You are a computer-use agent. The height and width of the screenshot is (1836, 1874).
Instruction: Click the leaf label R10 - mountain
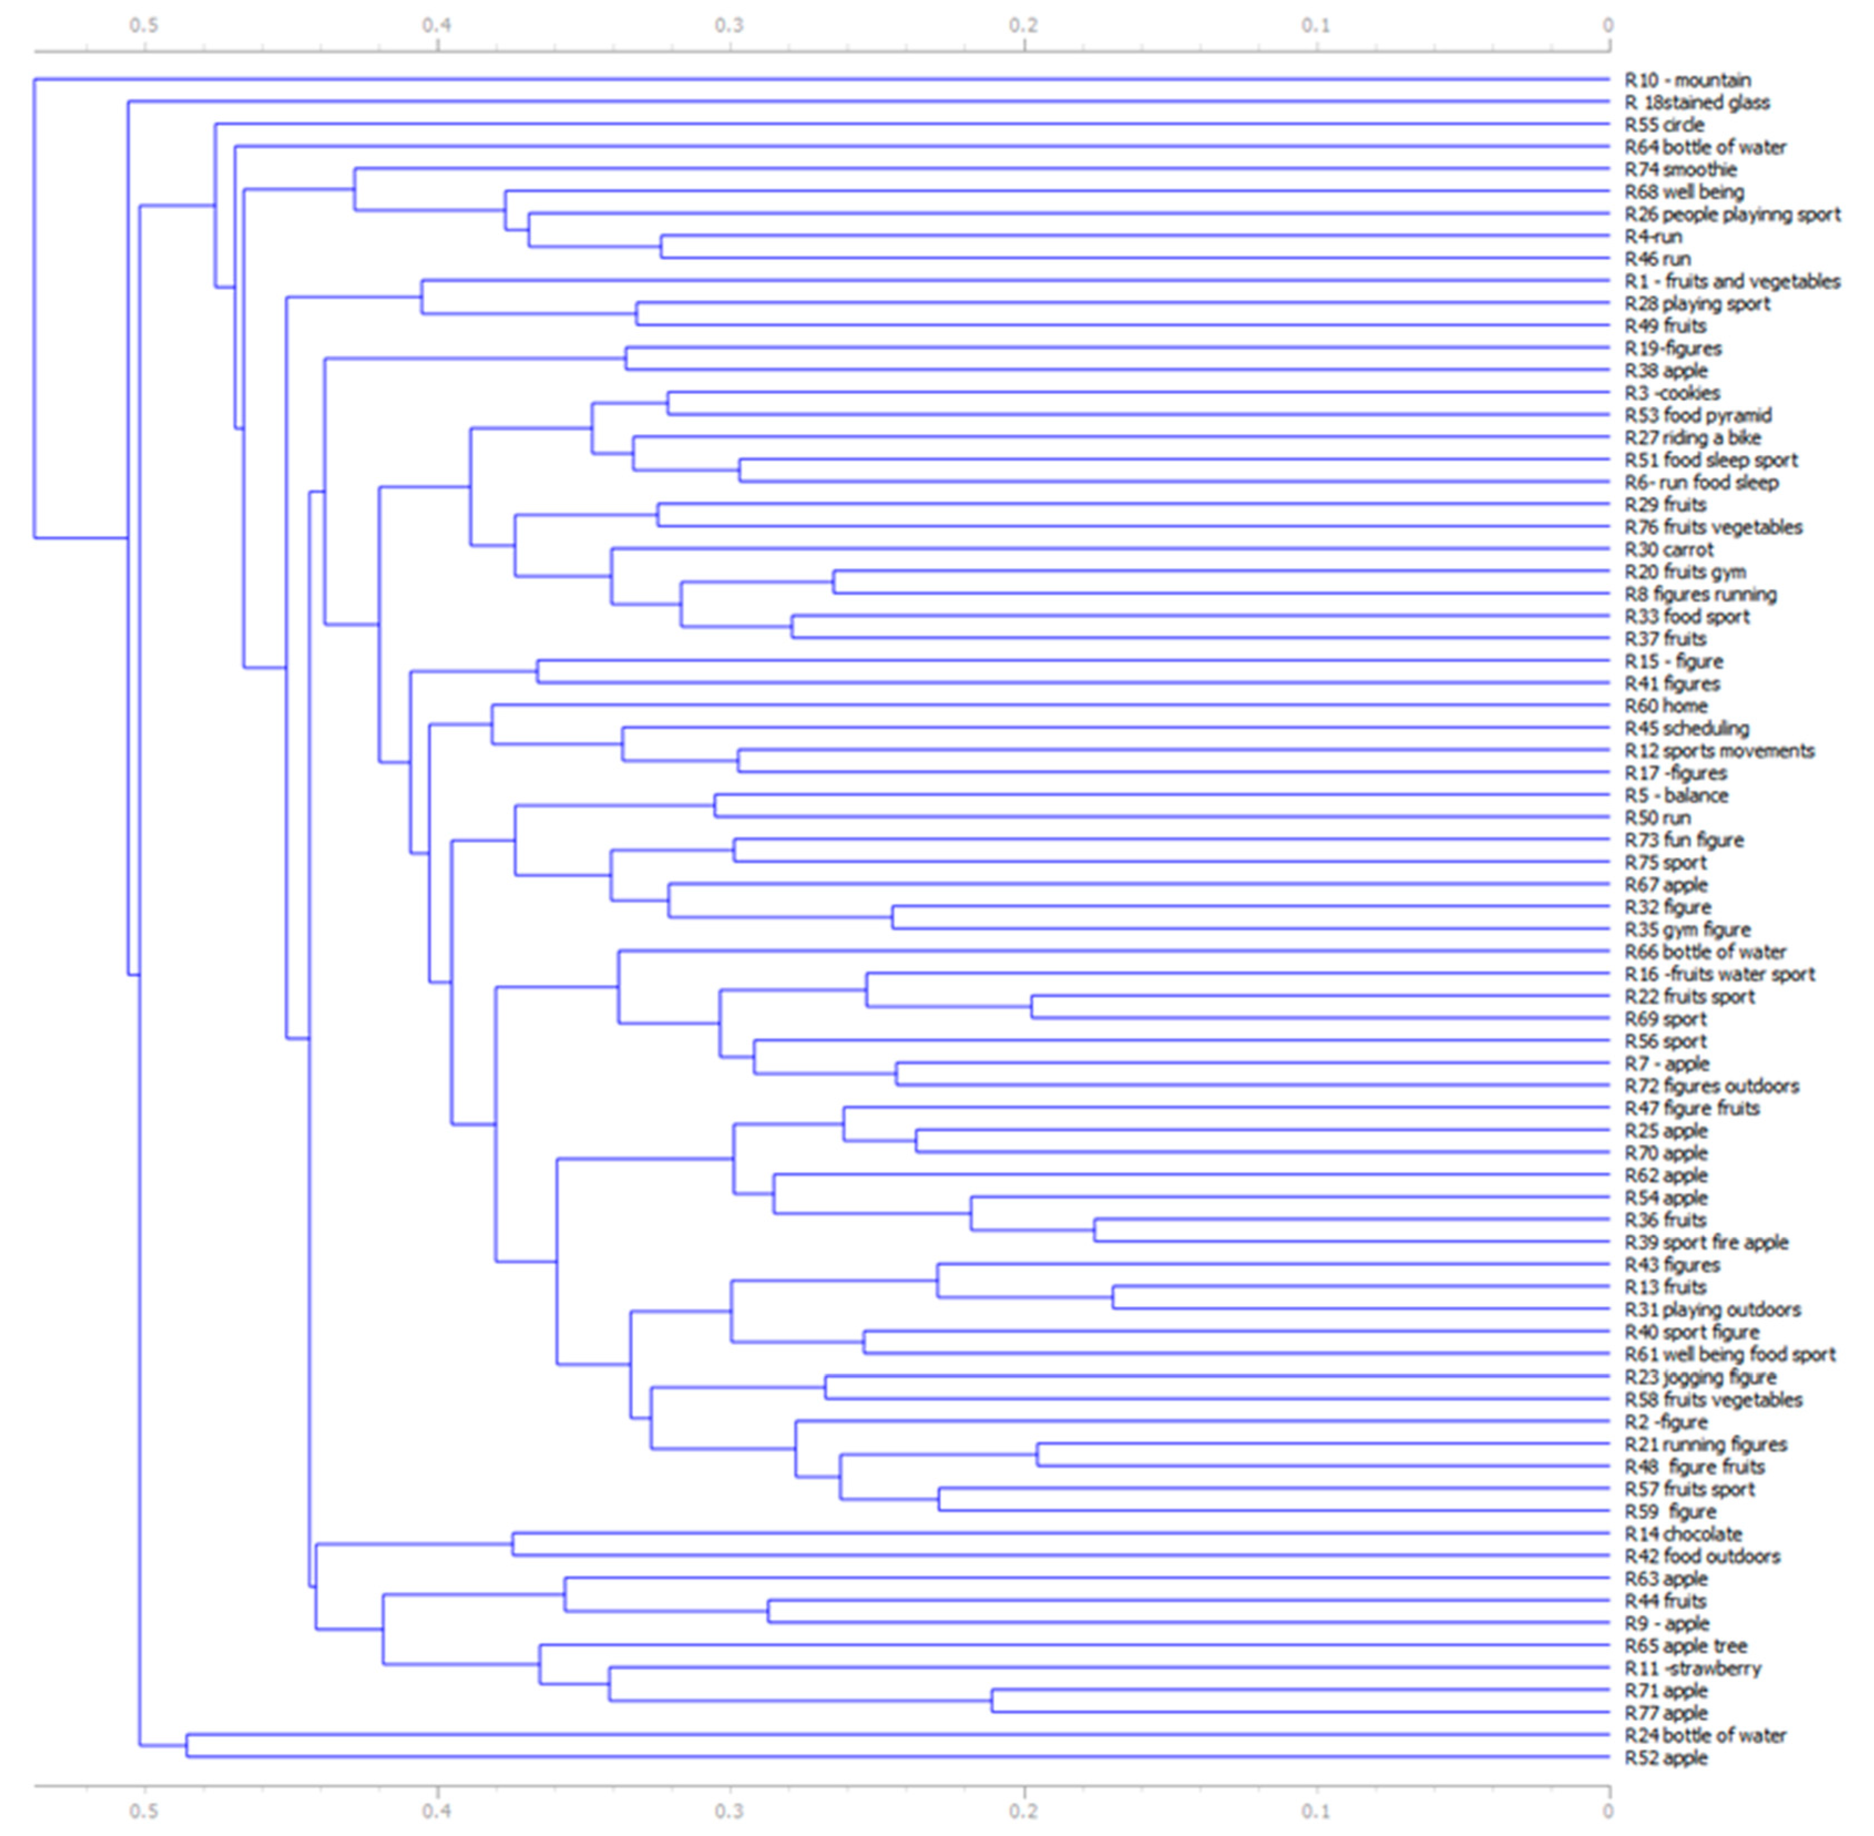[1687, 80]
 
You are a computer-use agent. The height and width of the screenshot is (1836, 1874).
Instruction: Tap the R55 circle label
[1664, 124]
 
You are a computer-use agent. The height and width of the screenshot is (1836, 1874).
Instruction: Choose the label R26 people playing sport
[1732, 214]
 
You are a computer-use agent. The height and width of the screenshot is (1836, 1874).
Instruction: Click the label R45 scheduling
[1686, 728]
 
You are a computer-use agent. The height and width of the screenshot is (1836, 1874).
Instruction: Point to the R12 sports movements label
[1719, 750]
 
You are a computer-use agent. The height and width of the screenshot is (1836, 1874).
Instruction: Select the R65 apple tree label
[1685, 1646]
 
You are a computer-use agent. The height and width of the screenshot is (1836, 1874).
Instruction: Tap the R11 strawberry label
[1692, 1668]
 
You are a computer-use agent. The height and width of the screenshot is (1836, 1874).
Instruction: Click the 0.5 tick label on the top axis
[144, 25]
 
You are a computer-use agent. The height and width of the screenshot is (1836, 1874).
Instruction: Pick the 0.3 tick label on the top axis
[730, 25]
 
